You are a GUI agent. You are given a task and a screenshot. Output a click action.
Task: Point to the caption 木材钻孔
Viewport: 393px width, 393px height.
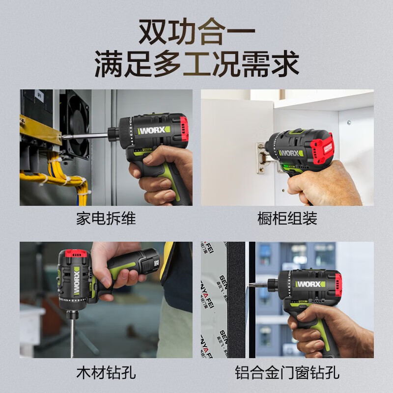click(106, 372)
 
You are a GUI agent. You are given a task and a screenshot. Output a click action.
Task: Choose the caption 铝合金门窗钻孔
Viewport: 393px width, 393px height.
click(287, 372)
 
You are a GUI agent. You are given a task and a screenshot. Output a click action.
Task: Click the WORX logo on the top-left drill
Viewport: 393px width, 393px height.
click(154, 132)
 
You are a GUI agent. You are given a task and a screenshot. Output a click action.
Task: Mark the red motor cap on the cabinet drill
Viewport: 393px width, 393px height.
click(324, 147)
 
